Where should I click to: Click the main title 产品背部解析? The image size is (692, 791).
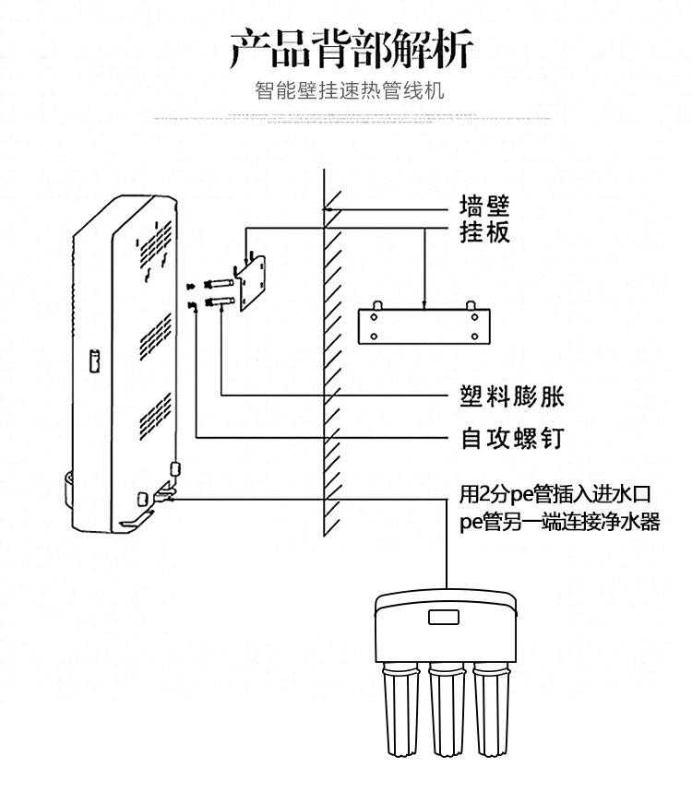click(350, 48)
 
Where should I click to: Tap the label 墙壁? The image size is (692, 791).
click(484, 206)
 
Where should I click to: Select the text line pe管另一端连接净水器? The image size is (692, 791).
click(559, 522)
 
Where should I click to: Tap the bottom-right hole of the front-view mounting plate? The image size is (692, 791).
click(475, 335)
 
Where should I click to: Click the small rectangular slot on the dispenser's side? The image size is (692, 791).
click(94, 362)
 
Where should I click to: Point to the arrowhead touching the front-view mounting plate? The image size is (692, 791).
click(424, 305)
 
